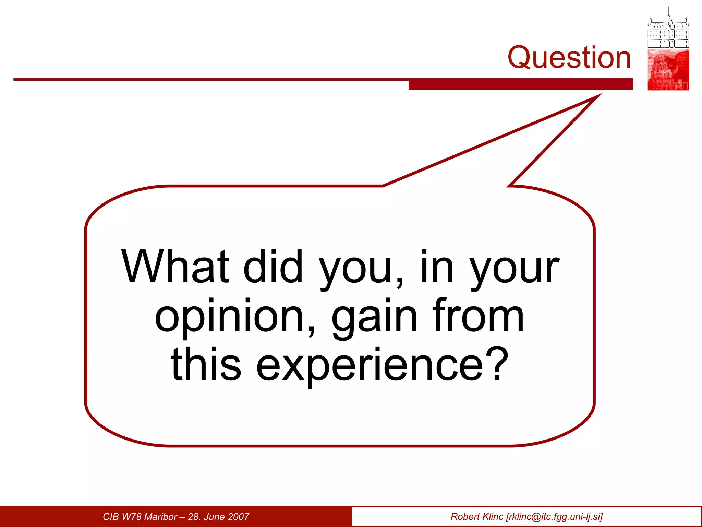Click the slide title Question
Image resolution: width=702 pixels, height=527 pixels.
pyautogui.click(x=569, y=57)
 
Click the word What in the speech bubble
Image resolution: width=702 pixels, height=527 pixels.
pyautogui.click(x=175, y=267)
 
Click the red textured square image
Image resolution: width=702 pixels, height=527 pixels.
pyautogui.click(x=668, y=70)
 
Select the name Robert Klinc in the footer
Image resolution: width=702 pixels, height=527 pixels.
pyautogui.click(x=476, y=517)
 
